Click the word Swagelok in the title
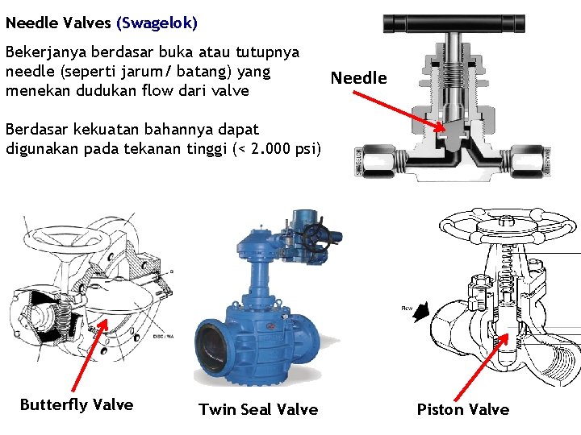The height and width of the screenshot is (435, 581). click(x=157, y=23)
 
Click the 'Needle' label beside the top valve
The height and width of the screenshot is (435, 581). click(x=359, y=78)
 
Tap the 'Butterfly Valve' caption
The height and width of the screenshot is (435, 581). click(x=77, y=404)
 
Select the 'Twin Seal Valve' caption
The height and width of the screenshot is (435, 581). click(x=258, y=409)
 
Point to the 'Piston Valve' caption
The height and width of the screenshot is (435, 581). click(x=463, y=409)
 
